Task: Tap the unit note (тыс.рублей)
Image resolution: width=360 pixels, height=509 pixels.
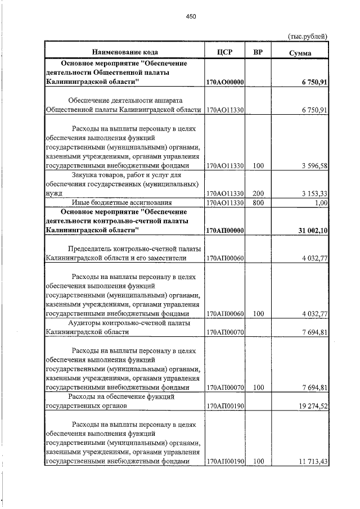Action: pos(307,37)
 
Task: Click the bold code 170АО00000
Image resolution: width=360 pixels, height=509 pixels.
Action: pos(224,82)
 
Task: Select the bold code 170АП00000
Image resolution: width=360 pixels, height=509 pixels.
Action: pos(224,231)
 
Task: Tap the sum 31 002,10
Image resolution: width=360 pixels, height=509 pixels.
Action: pos(309,231)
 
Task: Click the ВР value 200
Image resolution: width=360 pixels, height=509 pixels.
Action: pos(258,193)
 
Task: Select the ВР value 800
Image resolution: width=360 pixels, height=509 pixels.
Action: pos(258,202)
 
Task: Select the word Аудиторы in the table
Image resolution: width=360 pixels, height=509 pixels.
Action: pos(84,323)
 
